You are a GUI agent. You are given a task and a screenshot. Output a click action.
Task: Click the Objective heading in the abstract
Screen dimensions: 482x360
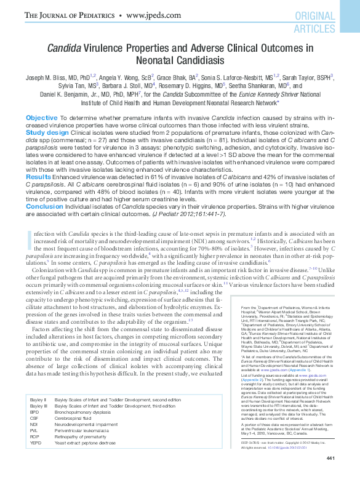click(x=41, y=117)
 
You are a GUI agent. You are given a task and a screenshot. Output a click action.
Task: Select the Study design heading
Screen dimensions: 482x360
click(x=47, y=132)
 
